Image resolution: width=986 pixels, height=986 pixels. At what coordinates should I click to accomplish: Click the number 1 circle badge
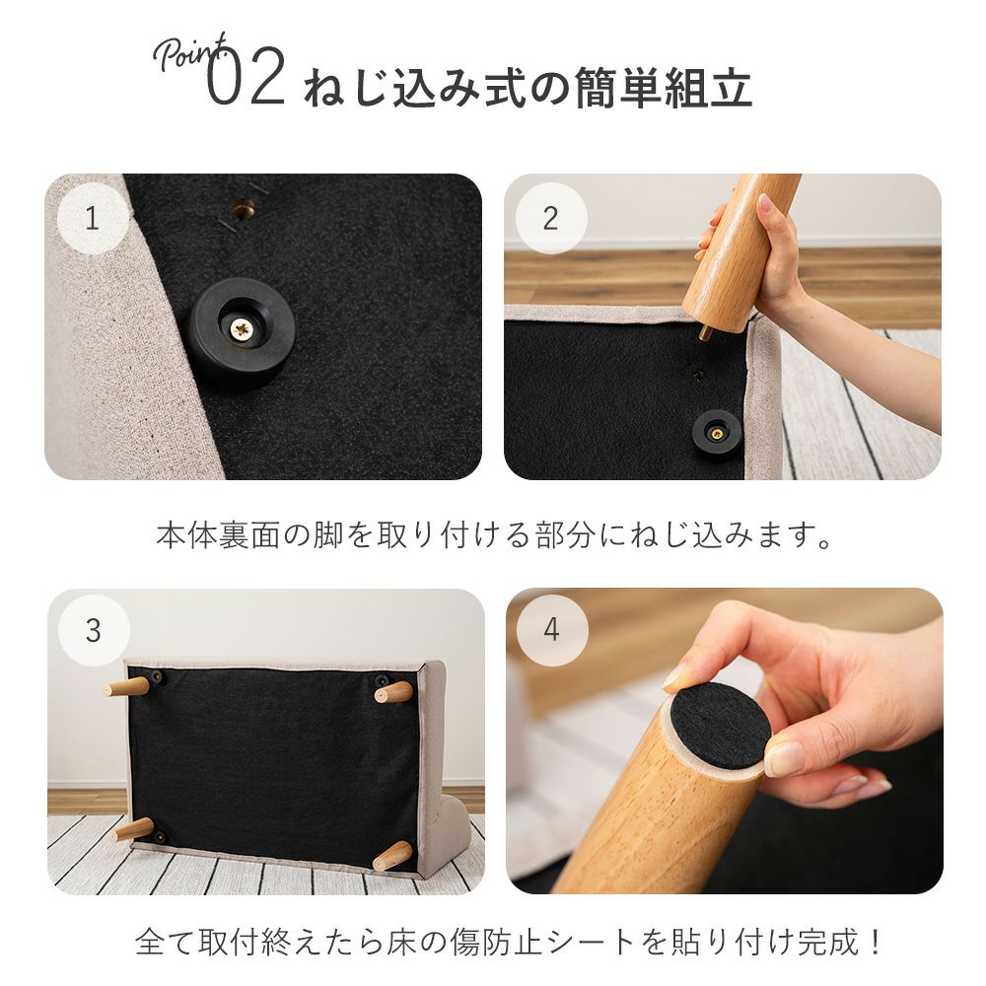93,218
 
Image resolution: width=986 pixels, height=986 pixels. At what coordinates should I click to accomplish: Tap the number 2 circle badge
551,218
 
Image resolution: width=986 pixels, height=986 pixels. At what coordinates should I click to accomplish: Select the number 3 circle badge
94,630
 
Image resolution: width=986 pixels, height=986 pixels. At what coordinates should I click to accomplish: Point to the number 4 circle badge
551,630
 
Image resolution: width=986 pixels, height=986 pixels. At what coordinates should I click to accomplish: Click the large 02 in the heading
246,76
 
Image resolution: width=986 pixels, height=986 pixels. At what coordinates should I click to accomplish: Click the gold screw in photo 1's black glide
242,327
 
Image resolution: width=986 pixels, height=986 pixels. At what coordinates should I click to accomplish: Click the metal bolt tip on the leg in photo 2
706,332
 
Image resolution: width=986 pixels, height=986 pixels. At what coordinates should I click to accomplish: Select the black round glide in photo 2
716,433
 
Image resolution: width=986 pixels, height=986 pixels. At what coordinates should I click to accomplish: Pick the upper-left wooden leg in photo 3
126,687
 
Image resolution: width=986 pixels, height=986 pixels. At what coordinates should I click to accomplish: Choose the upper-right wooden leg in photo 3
393,692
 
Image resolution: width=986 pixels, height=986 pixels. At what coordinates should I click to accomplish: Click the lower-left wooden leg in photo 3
132,830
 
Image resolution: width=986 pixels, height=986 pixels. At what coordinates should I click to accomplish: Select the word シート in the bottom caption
590,942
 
